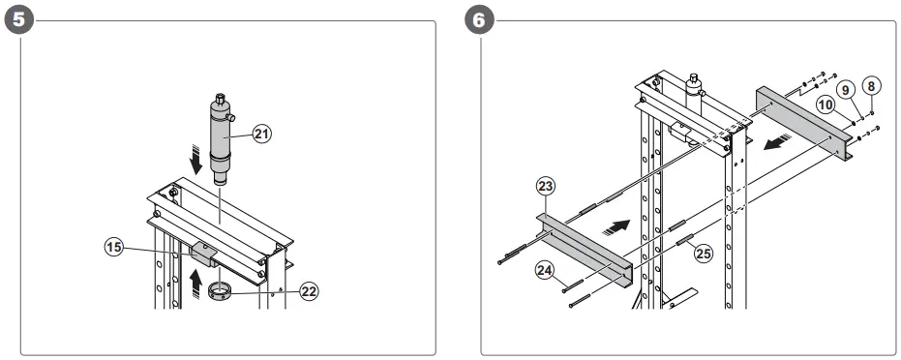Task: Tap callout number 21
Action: [x=259, y=135]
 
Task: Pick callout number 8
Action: [x=871, y=86]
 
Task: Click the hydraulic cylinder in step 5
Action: [x=222, y=135]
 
